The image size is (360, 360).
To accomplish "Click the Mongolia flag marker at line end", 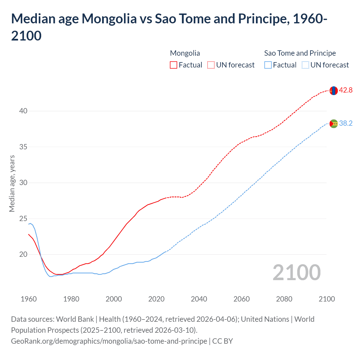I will pos(334,91).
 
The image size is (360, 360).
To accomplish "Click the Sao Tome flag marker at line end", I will pos(334,123).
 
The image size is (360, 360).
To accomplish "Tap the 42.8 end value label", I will pos(346,90).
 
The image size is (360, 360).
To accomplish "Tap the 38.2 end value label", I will pos(346,123).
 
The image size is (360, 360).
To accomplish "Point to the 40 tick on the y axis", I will pos(23,111).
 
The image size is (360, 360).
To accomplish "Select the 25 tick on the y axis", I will pos(23,219).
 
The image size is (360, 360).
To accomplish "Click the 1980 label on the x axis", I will pos(71,299).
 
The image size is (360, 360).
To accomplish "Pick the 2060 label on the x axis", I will pos(242,299).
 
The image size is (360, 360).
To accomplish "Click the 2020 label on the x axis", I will pos(156,299).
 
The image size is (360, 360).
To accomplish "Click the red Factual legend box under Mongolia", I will pos(174,65).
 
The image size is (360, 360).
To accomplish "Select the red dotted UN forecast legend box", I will pos(211,65).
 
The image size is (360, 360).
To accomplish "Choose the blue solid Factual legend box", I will pos(268,65).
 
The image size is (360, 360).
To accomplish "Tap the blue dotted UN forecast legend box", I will pos(305,65).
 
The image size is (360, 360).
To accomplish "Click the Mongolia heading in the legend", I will pos(185,53).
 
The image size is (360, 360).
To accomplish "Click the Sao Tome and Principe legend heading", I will pos(300,53).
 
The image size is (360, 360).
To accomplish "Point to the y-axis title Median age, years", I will pos(12,183).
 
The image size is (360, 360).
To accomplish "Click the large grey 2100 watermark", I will pos(296,273).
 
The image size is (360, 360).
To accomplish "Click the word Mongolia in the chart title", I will pos(109,19).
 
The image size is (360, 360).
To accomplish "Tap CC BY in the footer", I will pos(222,341).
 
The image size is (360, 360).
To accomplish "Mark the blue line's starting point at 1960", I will pos(29,224).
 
